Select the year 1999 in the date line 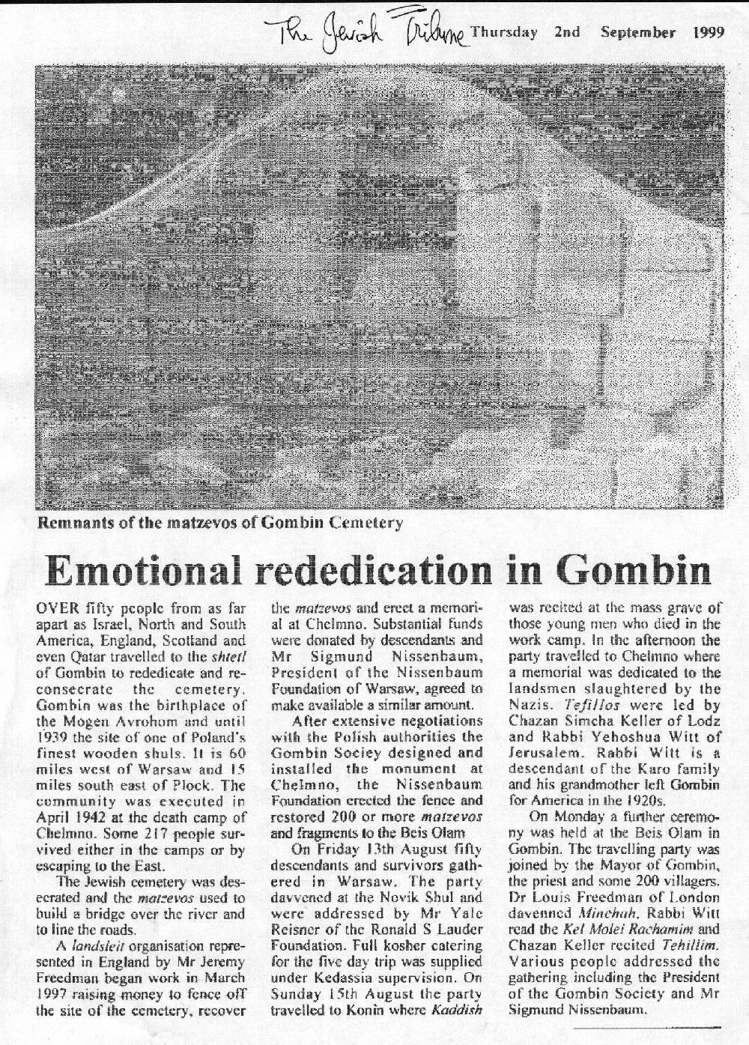coord(708,32)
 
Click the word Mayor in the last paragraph coord(601,865)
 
